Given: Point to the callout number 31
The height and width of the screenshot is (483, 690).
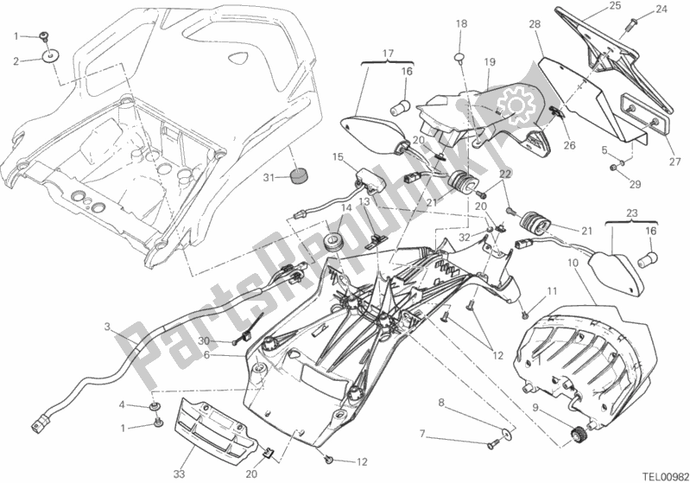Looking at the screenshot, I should point(269,178).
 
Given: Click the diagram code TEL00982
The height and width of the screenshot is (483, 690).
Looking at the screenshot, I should point(661,473).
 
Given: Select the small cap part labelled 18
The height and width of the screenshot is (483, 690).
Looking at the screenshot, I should point(461,57).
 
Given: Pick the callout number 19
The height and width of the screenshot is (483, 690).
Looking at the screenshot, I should point(489,62).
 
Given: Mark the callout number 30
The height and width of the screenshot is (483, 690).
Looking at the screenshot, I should point(205,341).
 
